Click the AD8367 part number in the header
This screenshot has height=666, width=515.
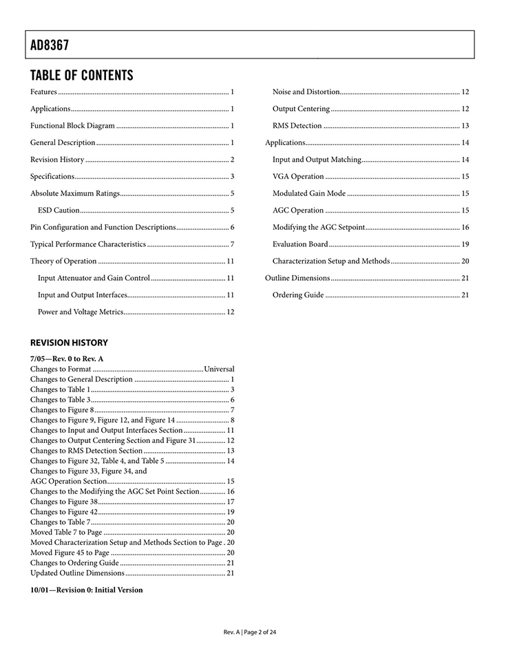(x=50, y=46)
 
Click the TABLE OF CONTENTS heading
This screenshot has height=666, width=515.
(x=81, y=75)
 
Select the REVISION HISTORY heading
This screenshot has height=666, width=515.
(x=69, y=343)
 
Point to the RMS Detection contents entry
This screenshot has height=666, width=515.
(x=297, y=126)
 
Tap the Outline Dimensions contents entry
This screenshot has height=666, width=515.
(x=297, y=278)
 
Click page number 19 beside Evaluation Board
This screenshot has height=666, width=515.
(x=465, y=244)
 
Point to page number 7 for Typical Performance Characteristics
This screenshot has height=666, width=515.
(x=233, y=244)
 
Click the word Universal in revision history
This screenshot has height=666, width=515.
(x=219, y=369)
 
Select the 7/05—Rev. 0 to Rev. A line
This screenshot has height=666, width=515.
(x=67, y=358)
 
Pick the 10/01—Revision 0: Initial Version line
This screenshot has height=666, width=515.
(x=87, y=590)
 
